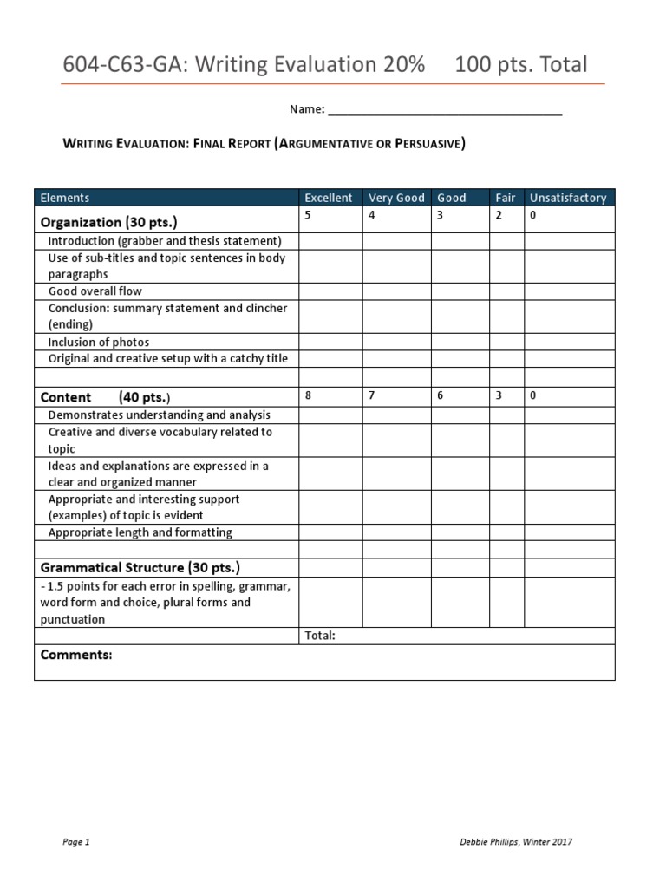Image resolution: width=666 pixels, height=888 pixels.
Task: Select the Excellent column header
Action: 329,198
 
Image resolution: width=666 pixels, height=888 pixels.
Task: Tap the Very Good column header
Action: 396,198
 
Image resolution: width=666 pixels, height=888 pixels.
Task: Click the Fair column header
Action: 505,198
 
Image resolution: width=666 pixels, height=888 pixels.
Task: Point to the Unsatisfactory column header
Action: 568,198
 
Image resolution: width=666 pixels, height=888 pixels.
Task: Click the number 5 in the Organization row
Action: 308,215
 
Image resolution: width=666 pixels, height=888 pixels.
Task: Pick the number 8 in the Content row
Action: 308,395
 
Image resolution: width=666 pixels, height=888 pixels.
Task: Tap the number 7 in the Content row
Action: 372,395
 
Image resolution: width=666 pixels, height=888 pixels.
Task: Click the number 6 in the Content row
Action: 440,395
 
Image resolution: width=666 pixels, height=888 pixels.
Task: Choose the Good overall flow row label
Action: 95,291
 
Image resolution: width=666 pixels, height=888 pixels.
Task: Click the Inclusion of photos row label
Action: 99,342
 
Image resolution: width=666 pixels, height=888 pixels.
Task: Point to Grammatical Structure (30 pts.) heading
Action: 140,568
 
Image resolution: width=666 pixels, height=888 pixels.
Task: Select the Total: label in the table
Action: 320,636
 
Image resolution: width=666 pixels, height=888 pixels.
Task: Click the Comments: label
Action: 76,655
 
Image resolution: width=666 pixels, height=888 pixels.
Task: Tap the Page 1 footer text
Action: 76,842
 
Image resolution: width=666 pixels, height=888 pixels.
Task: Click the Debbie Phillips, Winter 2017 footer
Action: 515,842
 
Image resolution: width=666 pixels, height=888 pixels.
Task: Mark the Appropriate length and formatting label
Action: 140,532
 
